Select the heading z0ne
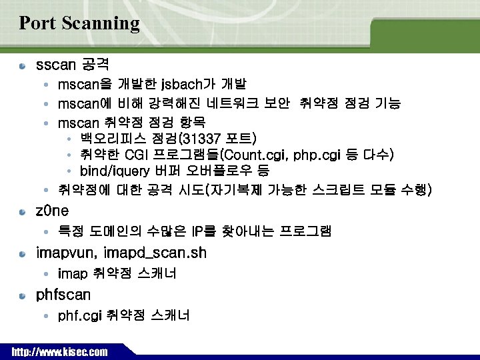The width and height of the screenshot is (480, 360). [52, 211]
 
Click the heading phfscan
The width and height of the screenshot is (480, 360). [63, 295]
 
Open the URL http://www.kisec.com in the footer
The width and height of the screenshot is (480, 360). [59, 351]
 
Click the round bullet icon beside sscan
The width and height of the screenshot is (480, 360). [23, 66]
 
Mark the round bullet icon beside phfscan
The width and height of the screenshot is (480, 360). [23, 295]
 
